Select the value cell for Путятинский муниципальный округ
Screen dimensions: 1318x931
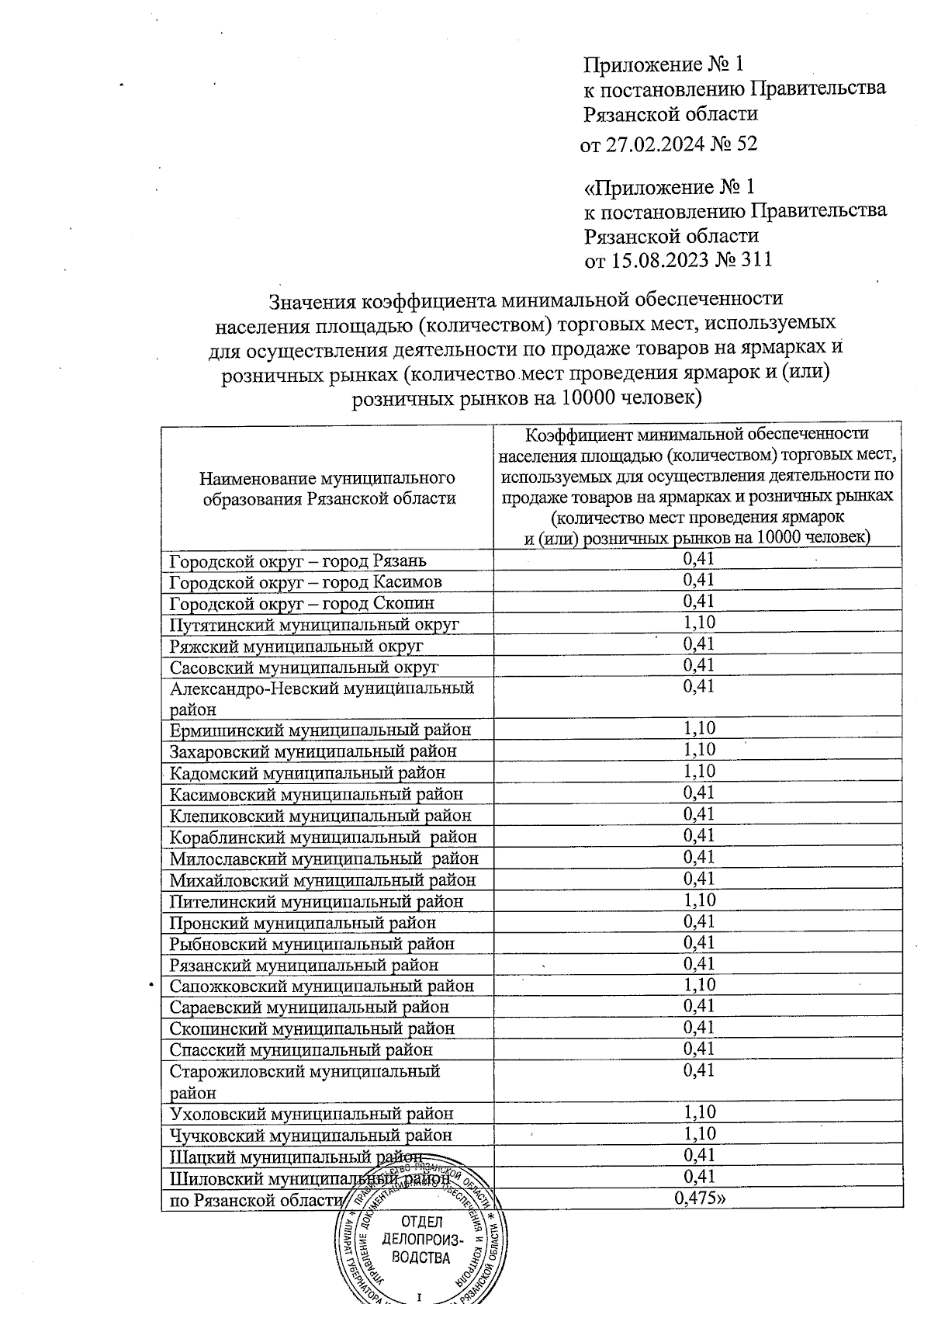coord(698,623)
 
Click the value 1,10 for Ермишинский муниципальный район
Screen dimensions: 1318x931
coord(698,728)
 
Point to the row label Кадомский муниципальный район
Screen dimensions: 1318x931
coord(307,773)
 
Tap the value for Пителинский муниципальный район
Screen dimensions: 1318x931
coord(698,900)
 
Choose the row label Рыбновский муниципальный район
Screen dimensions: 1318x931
coord(312,945)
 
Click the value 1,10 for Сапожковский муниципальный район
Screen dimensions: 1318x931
coord(698,985)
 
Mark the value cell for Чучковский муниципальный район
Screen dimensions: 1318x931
coord(698,1134)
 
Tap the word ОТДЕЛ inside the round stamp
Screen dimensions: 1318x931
coord(421,1224)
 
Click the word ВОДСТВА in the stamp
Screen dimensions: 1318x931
coord(421,1258)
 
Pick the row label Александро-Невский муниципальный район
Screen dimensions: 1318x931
coord(321,698)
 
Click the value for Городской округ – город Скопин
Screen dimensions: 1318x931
coord(698,602)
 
